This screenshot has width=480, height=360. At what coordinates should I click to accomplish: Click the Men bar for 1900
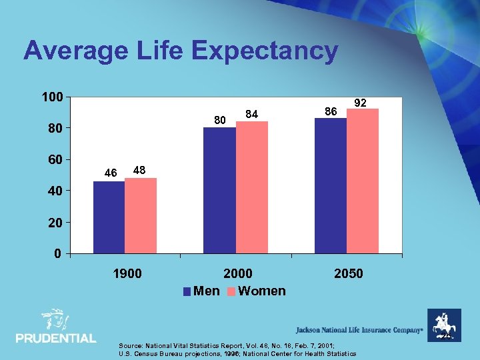109,217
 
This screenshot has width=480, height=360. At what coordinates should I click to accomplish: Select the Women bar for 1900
141,215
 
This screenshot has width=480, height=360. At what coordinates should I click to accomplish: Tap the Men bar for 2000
220,190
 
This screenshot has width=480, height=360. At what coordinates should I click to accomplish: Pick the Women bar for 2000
251,187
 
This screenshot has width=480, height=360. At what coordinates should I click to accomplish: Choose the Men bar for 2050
331,185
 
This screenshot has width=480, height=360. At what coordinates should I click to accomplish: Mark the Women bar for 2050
363,181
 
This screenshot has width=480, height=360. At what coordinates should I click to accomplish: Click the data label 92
361,103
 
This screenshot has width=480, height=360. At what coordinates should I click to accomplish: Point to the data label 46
111,173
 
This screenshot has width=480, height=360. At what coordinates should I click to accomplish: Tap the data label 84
251,115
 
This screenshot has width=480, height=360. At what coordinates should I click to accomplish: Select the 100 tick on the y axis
52,97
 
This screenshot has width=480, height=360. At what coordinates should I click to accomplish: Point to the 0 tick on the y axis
58,253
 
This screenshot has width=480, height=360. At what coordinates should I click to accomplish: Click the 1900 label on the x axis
127,273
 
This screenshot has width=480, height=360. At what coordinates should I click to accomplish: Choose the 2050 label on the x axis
348,273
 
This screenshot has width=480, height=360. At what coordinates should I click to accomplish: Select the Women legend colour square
232,291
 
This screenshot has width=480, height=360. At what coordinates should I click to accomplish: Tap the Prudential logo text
56,338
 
